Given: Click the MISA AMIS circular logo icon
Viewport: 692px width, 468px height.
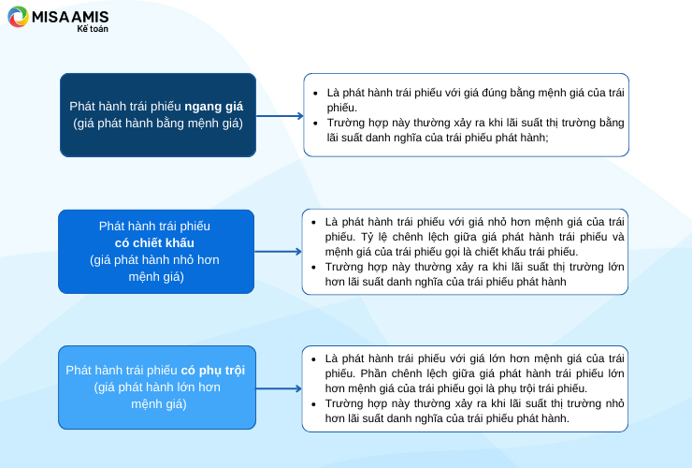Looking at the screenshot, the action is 18,17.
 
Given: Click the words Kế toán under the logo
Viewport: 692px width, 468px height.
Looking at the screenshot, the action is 93,29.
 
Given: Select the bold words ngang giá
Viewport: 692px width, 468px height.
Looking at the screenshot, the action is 213,107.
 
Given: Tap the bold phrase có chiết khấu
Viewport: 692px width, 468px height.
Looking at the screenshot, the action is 154,242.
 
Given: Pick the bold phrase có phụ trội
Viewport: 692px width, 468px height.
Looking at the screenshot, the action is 212,371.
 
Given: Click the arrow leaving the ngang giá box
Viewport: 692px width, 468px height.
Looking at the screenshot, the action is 280,116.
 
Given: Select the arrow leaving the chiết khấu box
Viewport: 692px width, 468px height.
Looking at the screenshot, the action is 278,252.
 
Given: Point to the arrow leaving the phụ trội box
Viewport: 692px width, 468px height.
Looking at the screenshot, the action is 279,388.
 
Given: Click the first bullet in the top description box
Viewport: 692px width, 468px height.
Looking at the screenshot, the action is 315,94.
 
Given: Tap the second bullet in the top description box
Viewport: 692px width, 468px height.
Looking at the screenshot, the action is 315,124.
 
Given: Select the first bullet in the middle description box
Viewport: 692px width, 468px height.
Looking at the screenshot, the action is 313,222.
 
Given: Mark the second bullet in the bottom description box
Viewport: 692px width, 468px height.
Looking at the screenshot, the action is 313,404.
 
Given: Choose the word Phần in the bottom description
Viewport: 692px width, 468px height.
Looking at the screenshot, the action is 373,373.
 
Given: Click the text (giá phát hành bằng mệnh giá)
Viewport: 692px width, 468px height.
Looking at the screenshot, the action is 158,124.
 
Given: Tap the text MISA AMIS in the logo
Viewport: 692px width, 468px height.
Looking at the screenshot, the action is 70,17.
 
